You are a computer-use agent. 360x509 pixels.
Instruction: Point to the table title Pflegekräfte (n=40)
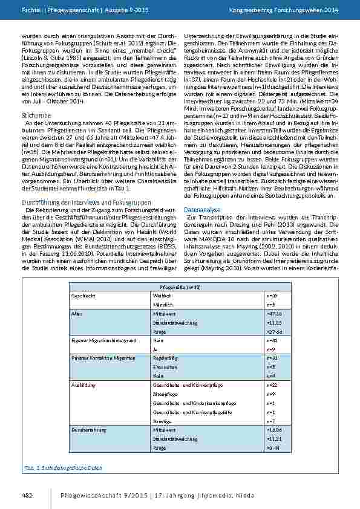click(x=180, y=288)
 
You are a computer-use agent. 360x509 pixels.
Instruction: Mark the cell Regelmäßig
click(x=165, y=358)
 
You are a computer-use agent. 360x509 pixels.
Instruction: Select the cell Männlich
click(x=163, y=305)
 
